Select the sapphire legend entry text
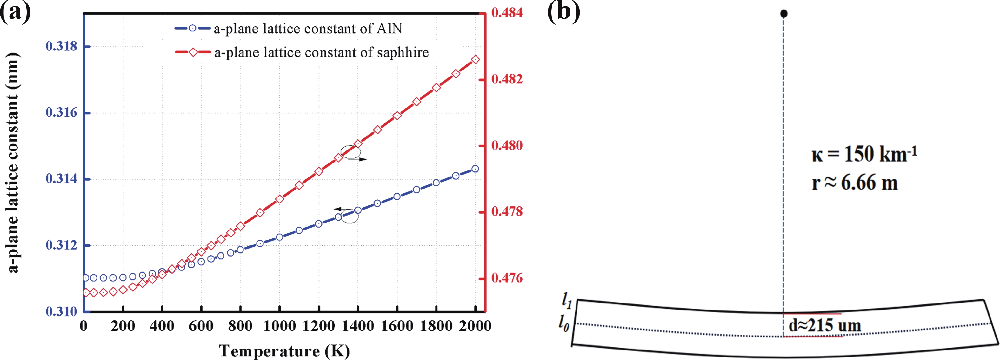(x=321, y=52)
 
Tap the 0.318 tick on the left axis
(x=61, y=46)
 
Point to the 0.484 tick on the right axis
(x=507, y=13)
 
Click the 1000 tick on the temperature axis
(x=279, y=326)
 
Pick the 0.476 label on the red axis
(x=507, y=278)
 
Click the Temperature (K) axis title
(x=284, y=351)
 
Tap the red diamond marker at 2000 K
(x=475, y=60)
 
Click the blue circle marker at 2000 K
(x=475, y=169)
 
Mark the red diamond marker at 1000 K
(x=279, y=199)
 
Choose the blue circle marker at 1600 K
(x=397, y=197)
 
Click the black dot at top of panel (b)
(x=784, y=14)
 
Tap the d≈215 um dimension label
(x=825, y=325)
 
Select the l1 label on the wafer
(x=567, y=300)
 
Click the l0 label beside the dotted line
(x=564, y=323)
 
